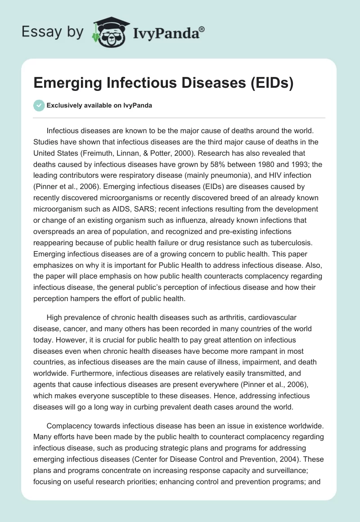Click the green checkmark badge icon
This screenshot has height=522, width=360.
(x=39, y=105)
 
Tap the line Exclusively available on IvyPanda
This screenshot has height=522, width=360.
(x=99, y=106)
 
